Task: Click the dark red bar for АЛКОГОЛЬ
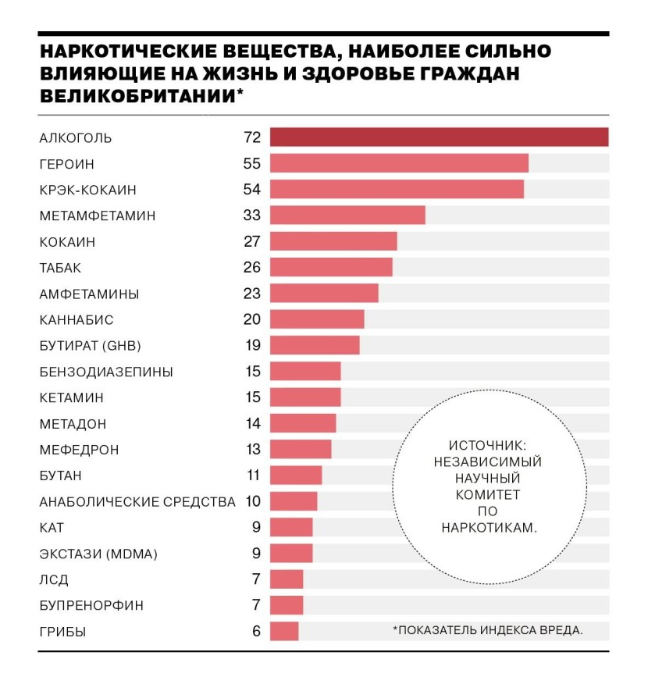pyautogui.click(x=439, y=137)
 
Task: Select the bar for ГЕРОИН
pyautogui.click(x=399, y=163)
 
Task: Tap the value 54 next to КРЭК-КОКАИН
pyautogui.click(x=251, y=190)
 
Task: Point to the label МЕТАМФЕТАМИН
pyautogui.click(x=98, y=216)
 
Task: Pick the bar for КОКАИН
pyautogui.click(x=333, y=241)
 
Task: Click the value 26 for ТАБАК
pyautogui.click(x=251, y=268)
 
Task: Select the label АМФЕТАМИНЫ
pyautogui.click(x=89, y=294)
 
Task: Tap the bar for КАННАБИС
pyautogui.click(x=317, y=319)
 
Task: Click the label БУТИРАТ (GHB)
pyautogui.click(x=90, y=346)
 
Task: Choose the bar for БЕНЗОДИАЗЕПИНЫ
pyautogui.click(x=305, y=371)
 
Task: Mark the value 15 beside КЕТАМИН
pyautogui.click(x=251, y=397)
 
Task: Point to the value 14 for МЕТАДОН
pyautogui.click(x=251, y=424)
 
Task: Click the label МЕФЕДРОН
pyautogui.click(x=79, y=451)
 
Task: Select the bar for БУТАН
pyautogui.click(x=296, y=475)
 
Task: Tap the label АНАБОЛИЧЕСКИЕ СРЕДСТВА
pyautogui.click(x=137, y=502)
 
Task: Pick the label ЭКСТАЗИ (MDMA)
pyautogui.click(x=98, y=554)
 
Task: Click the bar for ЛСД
pyautogui.click(x=287, y=579)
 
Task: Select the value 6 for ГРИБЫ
pyautogui.click(x=256, y=632)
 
